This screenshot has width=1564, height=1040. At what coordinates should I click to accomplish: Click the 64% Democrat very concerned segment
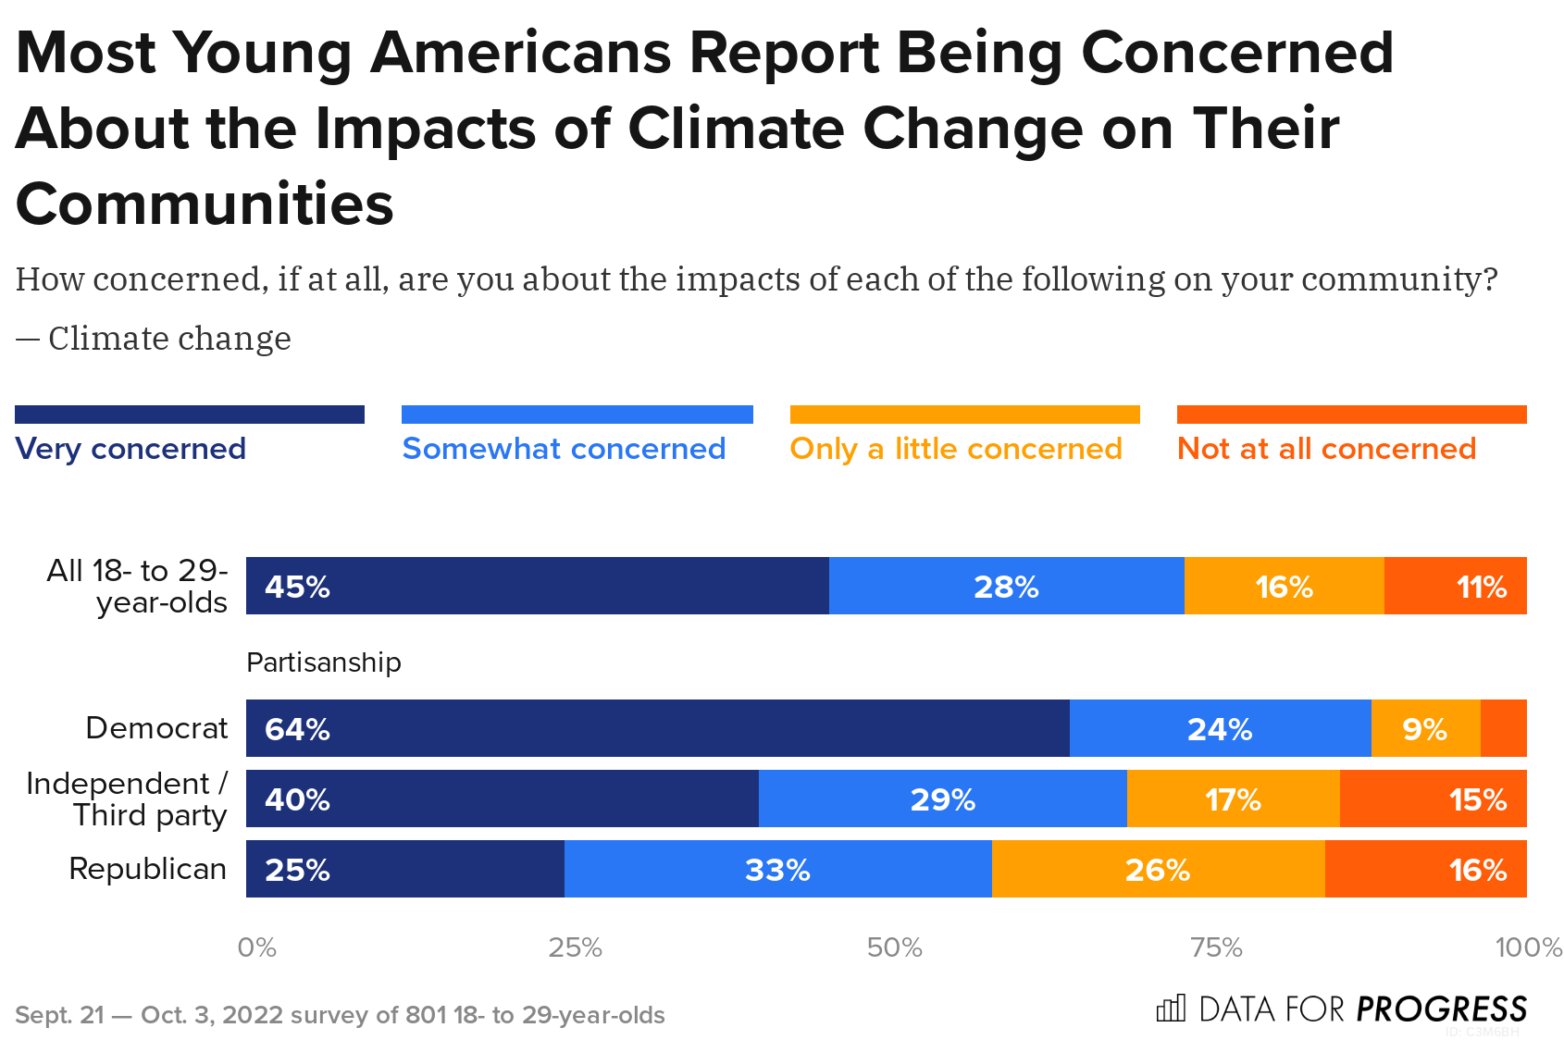657,728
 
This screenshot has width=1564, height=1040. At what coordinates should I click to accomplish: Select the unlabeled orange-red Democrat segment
1503,728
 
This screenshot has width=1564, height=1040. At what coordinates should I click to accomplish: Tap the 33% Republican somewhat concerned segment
777,869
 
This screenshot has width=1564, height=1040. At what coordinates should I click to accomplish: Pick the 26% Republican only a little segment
1158,869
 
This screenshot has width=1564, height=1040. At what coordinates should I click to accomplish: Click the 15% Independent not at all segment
1433,799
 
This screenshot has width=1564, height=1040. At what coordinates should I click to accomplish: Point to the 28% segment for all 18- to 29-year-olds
1006,586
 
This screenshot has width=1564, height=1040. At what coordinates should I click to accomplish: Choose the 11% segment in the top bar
1455,586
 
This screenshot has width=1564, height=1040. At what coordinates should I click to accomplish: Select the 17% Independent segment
1233,799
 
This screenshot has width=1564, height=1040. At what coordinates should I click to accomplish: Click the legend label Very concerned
130,449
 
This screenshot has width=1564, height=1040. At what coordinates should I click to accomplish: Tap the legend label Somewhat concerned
564,449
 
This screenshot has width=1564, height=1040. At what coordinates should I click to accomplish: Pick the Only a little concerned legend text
955,449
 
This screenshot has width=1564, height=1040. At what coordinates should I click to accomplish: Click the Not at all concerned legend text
1325,449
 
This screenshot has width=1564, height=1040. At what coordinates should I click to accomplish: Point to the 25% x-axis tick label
575,947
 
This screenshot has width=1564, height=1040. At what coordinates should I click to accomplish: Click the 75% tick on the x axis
1215,947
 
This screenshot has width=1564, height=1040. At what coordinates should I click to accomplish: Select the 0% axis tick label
256,947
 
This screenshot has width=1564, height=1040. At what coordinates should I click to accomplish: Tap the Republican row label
147,869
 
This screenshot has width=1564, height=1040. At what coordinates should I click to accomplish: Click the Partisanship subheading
323,662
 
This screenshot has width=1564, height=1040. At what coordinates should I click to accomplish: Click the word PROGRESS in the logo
1441,1009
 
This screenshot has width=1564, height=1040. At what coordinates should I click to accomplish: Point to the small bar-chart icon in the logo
1171,1008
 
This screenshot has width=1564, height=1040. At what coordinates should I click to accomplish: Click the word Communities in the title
205,204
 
